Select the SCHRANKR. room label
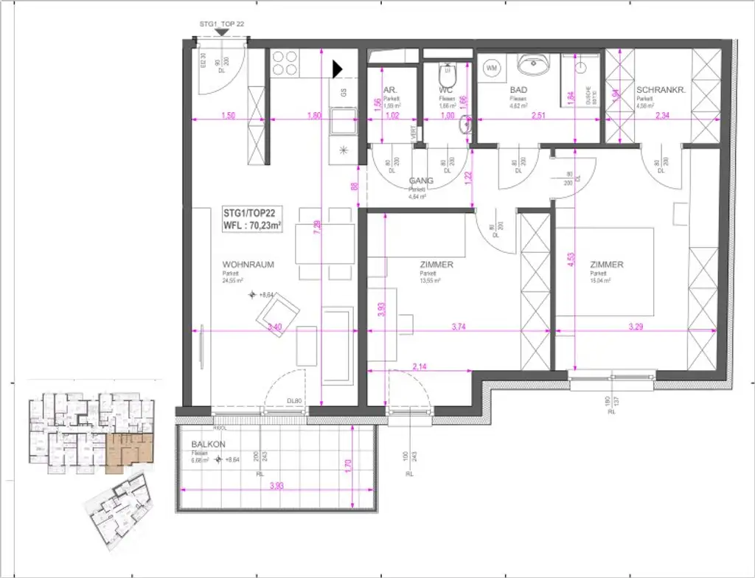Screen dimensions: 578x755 pos(661,91)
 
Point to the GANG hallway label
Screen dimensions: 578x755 pos(421,181)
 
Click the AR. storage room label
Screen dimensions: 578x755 pos(392,91)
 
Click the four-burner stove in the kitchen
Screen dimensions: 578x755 pos(285,63)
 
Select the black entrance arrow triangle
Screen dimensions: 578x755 pos(338,69)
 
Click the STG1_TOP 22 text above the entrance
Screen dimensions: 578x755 pos(221,24)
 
